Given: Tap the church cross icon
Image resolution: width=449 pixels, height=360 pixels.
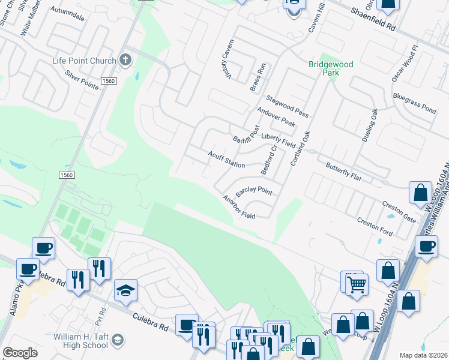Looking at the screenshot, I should pyautogui.click(x=125, y=59).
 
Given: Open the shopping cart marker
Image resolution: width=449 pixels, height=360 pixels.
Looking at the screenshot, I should pyautogui.click(x=357, y=283).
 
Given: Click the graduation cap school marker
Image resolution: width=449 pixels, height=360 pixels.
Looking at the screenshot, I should pyautogui.click(x=125, y=290).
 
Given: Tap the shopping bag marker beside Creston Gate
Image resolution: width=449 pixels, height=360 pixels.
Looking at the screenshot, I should pyautogui.click(x=421, y=193).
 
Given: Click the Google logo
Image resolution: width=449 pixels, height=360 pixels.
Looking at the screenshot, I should pyautogui.click(x=20, y=353).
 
